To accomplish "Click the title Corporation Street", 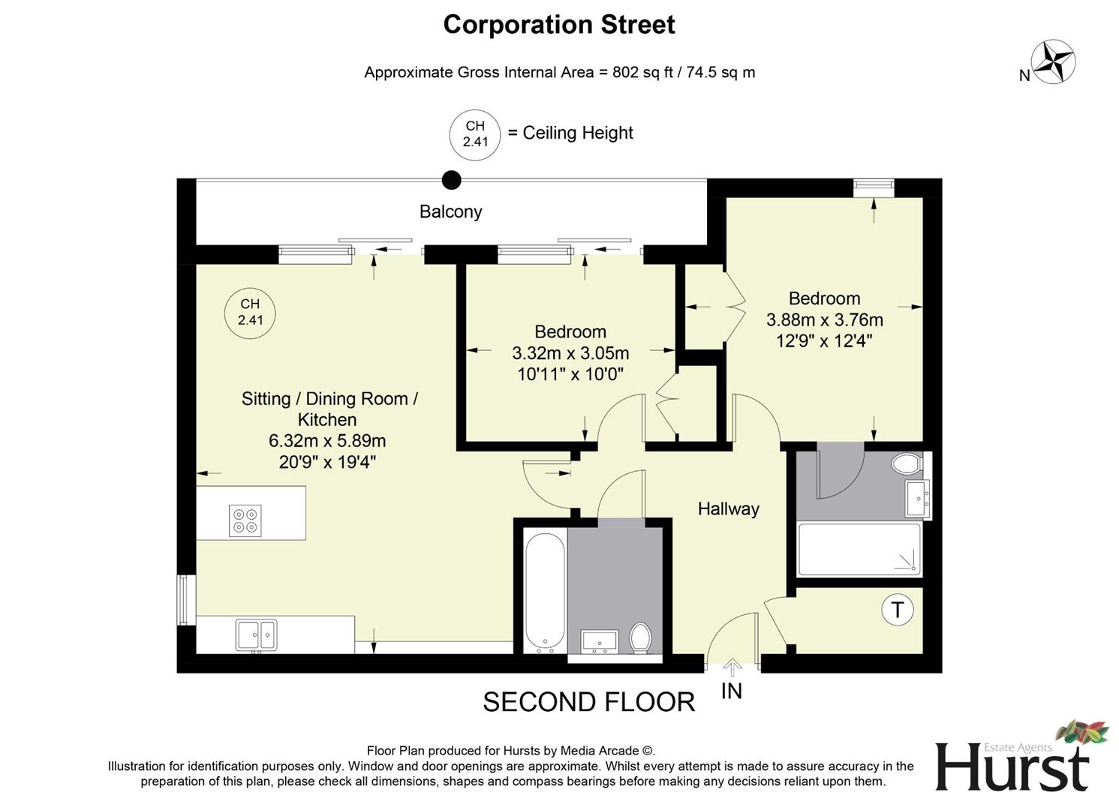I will point(559,25).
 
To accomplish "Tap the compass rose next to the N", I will point(1054,61).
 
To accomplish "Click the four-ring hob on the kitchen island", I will point(245,520).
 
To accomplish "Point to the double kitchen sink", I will point(256,635).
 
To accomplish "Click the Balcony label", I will point(450,211).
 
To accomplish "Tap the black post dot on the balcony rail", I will point(451,180).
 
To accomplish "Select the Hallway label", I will point(728,509).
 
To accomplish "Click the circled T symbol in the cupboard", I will point(897,610).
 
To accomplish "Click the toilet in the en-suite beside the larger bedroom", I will point(907,463).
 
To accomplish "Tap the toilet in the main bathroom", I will point(641,638).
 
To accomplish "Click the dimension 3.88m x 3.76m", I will point(824,320).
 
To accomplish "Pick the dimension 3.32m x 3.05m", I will point(570,353).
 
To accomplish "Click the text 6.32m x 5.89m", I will point(327,441).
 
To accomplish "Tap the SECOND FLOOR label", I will point(588,703).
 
